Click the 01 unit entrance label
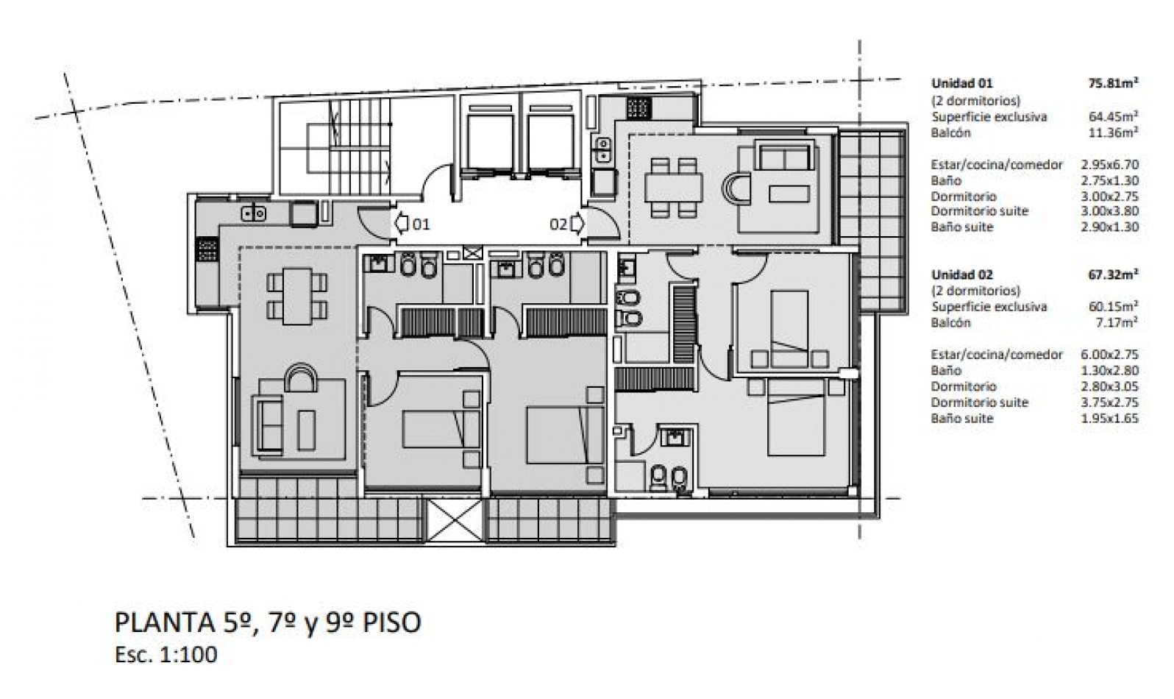point(421,224)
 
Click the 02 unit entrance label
point(558,224)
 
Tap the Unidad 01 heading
point(961,83)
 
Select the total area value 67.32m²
point(1113,274)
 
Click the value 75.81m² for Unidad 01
point(1113,83)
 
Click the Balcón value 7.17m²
point(1118,322)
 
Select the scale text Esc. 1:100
point(166,654)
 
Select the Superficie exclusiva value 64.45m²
point(1113,116)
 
